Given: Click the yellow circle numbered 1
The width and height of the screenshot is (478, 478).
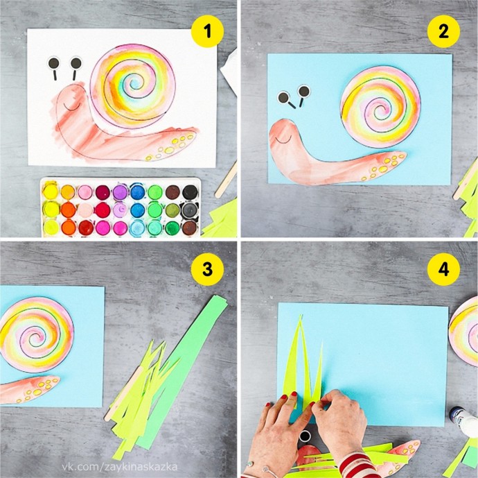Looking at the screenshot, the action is coord(207,31).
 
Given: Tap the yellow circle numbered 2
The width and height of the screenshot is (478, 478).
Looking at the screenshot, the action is coord(443,31).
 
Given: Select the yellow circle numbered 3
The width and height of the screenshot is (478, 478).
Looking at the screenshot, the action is coord(207,269).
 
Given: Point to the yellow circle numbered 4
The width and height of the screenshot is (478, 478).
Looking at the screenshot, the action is coord(443,269).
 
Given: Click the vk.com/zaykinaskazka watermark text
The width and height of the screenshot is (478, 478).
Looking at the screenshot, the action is coord(119,467).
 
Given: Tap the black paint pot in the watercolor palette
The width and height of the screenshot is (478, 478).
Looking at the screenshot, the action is coord(191,192).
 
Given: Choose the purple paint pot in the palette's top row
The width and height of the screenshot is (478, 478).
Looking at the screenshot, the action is coord(120,192).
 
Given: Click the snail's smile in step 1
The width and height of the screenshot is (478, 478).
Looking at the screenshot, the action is coord(72,107).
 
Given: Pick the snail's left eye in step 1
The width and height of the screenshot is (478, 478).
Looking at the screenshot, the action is coord(54,64).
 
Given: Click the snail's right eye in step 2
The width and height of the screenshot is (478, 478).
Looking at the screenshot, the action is coord(303,91).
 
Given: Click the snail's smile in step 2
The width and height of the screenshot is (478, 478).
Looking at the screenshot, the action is coord(283,140).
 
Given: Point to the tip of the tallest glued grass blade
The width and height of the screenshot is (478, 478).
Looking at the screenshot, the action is coord(301,315).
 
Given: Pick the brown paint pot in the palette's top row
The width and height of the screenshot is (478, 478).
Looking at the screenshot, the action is coord(172,192).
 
